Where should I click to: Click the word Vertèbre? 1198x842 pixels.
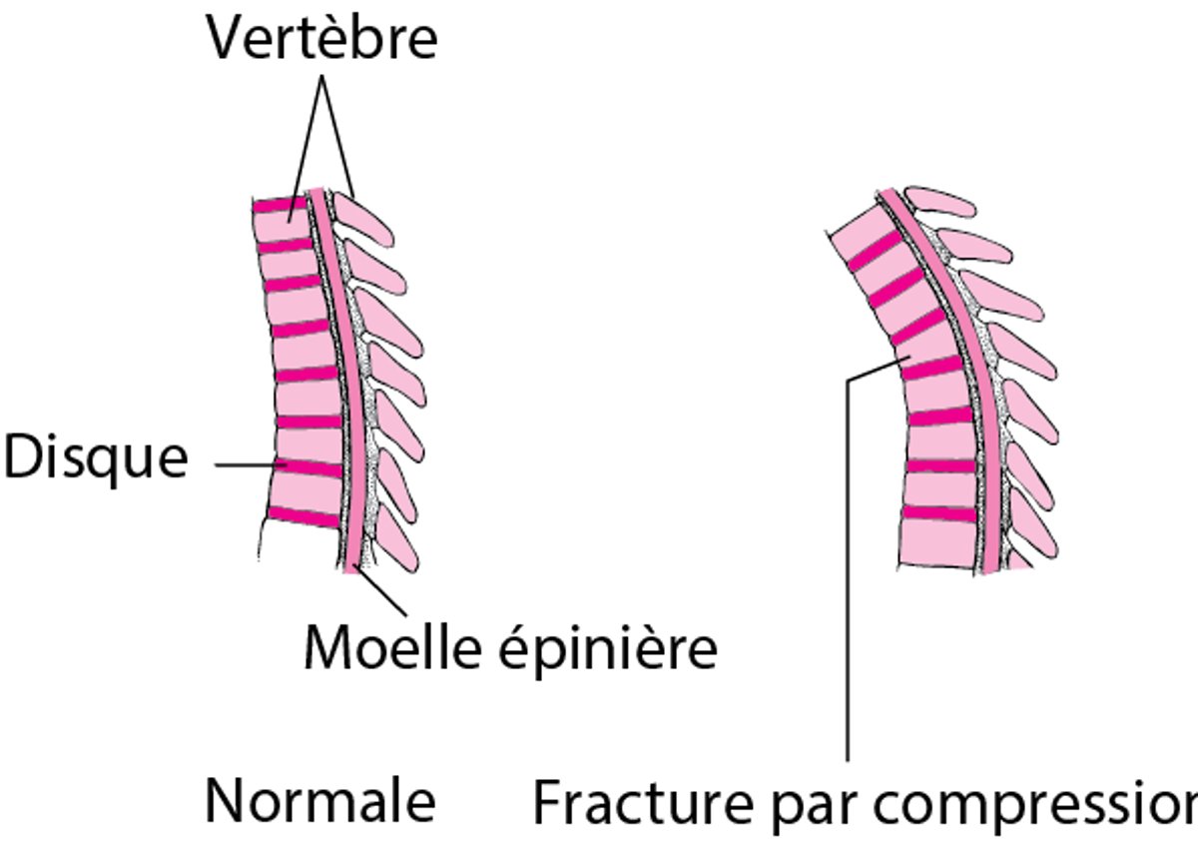[322, 41]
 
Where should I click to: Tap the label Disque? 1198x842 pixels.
[95, 459]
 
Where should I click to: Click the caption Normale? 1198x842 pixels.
[320, 801]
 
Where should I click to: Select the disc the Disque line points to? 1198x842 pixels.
[309, 468]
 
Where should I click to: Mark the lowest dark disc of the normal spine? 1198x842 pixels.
[304, 517]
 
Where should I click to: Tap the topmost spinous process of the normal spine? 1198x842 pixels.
[364, 218]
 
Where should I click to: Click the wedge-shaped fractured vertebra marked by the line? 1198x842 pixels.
[913, 351]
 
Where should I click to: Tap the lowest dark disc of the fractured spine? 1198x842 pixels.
[938, 513]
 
